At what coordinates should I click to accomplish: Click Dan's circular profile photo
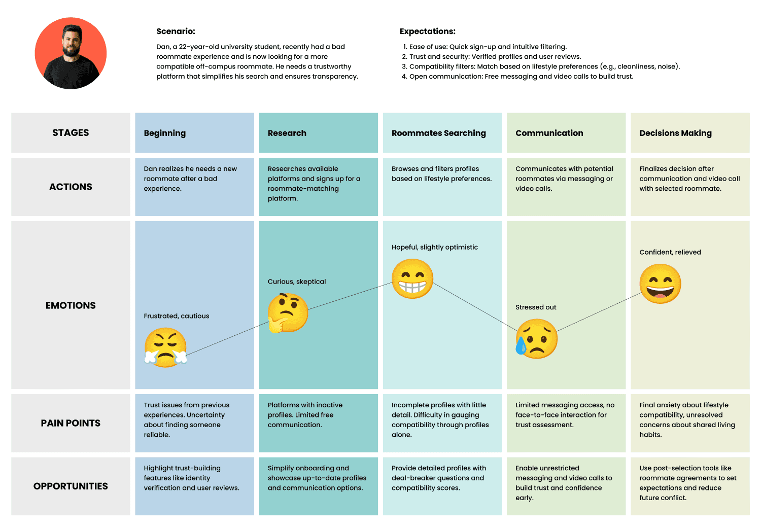click(x=71, y=53)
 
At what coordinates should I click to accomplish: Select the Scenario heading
click(x=176, y=31)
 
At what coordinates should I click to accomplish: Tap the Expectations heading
click(x=427, y=31)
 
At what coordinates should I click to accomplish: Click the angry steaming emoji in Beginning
click(x=165, y=347)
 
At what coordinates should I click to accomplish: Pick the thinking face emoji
click(x=288, y=313)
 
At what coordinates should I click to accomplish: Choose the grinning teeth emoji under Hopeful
click(x=412, y=278)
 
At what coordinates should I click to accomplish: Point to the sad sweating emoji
click(x=536, y=338)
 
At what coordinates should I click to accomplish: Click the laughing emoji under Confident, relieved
click(x=660, y=284)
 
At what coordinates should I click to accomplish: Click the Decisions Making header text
click(x=675, y=133)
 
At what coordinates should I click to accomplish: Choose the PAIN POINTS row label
click(x=71, y=423)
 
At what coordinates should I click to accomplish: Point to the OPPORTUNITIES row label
click(x=71, y=486)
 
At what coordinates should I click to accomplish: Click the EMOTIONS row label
click(x=71, y=306)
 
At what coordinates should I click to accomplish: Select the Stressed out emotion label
click(x=536, y=307)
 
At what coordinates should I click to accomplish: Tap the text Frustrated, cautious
click(x=177, y=316)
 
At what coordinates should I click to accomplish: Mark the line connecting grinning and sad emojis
click(x=475, y=307)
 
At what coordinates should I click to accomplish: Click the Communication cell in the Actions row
click(x=566, y=187)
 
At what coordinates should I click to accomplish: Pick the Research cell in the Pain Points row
click(x=318, y=423)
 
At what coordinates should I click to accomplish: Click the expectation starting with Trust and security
click(x=492, y=57)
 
